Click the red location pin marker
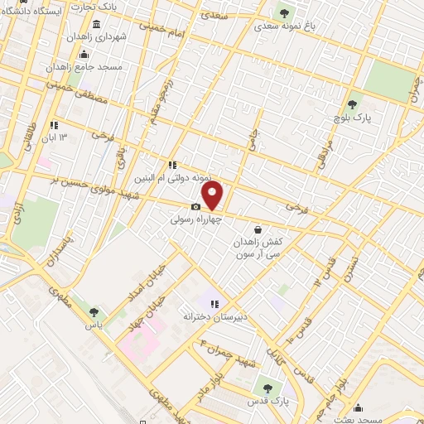click(x=213, y=195)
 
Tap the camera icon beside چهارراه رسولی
click(x=195, y=207)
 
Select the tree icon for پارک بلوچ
click(x=353, y=104)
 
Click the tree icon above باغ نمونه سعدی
click(x=285, y=13)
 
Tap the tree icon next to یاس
click(x=93, y=312)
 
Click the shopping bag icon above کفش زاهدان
click(x=258, y=229)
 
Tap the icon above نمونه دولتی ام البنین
click(x=173, y=165)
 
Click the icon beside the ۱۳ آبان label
click(x=55, y=125)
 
